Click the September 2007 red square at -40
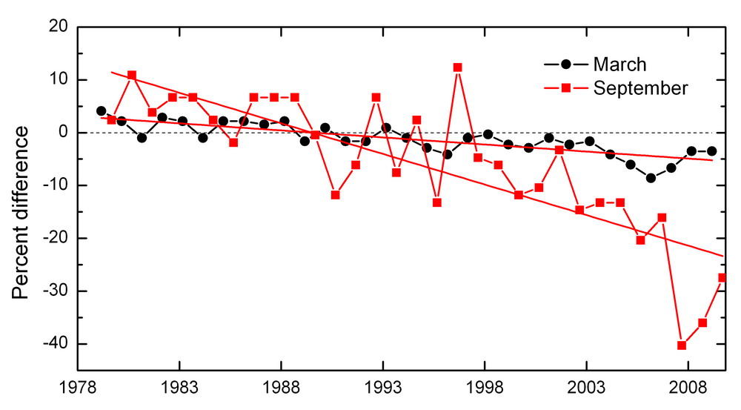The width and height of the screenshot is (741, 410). tap(682, 345)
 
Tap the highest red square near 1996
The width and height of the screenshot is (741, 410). tap(457, 67)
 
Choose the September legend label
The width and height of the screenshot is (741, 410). tap(640, 88)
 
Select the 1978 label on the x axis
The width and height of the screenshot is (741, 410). tap(78, 388)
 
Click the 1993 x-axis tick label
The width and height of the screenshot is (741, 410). tap(383, 388)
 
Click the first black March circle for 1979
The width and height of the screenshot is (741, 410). tap(101, 111)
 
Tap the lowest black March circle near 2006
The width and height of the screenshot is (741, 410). tap(651, 178)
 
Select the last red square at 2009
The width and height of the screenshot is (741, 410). tap(722, 277)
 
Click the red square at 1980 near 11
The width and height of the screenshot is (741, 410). tap(131, 75)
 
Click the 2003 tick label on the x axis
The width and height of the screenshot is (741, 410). tap(586, 388)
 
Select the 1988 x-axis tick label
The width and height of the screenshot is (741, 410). tap(282, 388)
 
